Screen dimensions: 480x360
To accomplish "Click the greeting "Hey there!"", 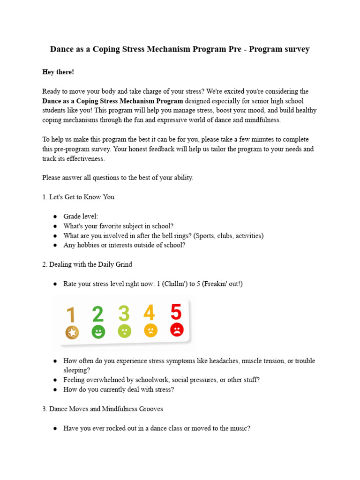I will (58, 72).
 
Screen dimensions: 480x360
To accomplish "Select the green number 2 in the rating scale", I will (98, 314).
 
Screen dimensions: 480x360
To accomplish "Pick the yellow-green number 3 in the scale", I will (124, 314).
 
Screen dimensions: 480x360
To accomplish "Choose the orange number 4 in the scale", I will (149, 313).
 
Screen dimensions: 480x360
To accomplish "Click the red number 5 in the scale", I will (176, 312).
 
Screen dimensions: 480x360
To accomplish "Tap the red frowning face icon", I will (177, 330).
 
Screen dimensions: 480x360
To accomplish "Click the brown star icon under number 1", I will (72, 333).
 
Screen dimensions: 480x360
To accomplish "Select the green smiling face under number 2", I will (98, 332).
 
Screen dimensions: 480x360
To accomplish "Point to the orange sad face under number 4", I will (150, 330).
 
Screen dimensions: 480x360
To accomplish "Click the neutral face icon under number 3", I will (124, 331).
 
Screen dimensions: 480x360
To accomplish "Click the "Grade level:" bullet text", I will (81, 216).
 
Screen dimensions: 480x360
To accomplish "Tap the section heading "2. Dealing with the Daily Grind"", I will (87, 264).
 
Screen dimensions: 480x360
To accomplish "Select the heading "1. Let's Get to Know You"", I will (78, 197).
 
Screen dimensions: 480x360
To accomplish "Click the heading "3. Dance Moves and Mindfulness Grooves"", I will (103, 409).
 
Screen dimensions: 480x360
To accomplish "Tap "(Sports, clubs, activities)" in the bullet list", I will (223, 235).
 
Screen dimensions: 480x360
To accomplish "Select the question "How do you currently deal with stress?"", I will (119, 390).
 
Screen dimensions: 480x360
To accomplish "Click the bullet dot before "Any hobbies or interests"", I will (55, 245).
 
